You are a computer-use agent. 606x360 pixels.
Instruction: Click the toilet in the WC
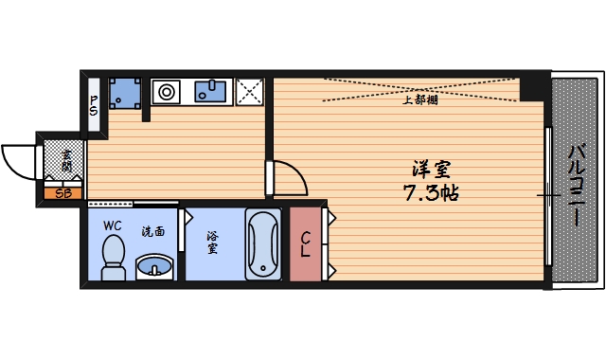tap(114, 257)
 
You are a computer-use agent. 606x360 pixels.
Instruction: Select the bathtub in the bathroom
tap(261, 245)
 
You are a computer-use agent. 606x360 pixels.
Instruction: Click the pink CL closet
tap(306, 244)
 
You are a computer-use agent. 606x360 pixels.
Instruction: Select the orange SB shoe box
tap(63, 193)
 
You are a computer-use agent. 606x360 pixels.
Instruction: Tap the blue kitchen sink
tap(210, 91)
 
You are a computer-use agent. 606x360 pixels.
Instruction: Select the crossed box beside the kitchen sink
tap(250, 91)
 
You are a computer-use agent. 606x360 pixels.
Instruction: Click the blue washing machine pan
tap(125, 93)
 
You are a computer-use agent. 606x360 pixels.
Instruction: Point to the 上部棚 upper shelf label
tap(419, 99)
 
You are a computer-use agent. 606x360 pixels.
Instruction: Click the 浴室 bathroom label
tap(213, 243)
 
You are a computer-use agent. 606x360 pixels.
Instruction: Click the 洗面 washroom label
tap(153, 230)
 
